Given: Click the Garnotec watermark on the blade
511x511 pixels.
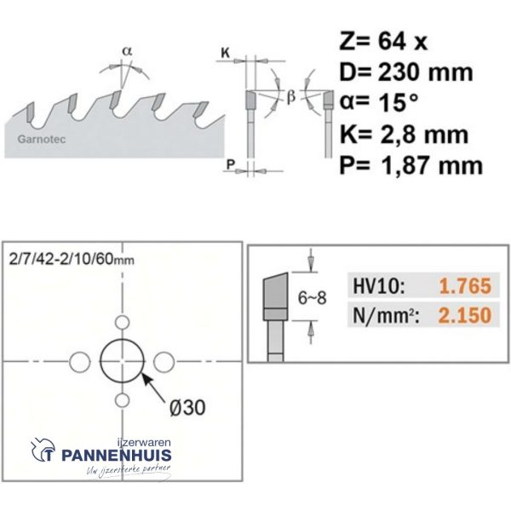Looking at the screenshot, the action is pyautogui.click(x=42, y=139).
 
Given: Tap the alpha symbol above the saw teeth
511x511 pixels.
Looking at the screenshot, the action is pyautogui.click(x=127, y=51).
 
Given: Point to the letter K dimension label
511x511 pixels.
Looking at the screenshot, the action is pyautogui.click(x=225, y=53).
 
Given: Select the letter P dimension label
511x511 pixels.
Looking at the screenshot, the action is pyautogui.click(x=231, y=164).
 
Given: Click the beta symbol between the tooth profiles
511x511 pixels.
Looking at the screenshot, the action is pyautogui.click(x=291, y=97).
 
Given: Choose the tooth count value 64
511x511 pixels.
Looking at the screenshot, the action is pyautogui.click(x=391, y=41).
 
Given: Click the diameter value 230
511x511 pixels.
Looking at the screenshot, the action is pyautogui.click(x=398, y=72).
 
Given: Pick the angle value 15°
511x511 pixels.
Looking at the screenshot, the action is pyautogui.click(x=398, y=103).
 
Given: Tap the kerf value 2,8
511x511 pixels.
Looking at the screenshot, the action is pyautogui.click(x=394, y=135).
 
